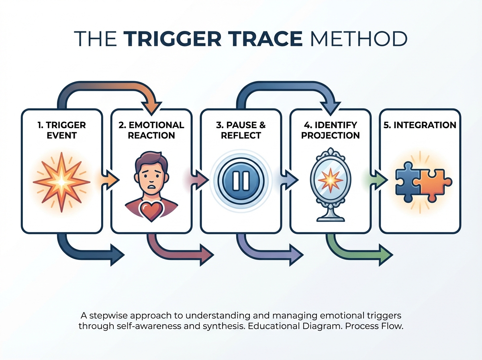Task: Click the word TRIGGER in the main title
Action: point(172,39)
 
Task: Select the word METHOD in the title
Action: point(359,39)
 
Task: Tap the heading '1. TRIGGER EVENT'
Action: point(62,130)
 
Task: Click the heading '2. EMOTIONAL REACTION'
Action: point(151,130)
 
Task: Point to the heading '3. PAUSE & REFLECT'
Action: point(241,130)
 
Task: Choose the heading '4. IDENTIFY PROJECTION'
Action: point(331,130)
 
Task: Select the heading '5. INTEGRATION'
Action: point(420,125)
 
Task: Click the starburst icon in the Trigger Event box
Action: point(62,182)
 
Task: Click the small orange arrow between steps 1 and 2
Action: point(110,180)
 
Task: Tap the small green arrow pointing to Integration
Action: point(379,180)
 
